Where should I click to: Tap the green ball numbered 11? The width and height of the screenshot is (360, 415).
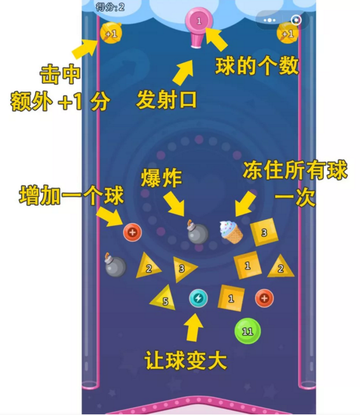point(248,331)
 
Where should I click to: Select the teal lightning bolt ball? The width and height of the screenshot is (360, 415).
point(198,298)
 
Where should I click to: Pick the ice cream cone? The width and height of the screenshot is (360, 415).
point(231,232)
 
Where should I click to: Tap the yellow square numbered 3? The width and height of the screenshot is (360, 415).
point(264,232)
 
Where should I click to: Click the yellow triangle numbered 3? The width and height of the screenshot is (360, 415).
point(184,268)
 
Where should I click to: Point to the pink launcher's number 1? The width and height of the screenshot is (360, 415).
point(199,21)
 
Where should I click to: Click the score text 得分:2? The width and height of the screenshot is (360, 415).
point(110,7)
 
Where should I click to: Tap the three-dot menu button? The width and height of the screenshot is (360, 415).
point(270,20)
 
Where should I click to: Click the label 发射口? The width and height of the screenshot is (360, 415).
point(166,100)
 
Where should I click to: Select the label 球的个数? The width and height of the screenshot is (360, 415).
point(257,66)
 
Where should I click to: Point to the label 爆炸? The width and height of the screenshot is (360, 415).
point(161,178)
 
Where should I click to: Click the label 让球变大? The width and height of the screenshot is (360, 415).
point(185,360)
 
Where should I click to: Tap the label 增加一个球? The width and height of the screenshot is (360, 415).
point(72,195)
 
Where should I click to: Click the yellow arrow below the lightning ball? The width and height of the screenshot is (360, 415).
point(194,327)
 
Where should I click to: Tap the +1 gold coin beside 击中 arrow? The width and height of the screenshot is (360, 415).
point(111,33)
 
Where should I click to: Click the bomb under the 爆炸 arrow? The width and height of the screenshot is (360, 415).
point(198,232)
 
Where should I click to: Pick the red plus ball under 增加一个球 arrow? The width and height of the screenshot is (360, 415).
point(133,233)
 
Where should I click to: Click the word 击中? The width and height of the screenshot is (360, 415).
point(60,75)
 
